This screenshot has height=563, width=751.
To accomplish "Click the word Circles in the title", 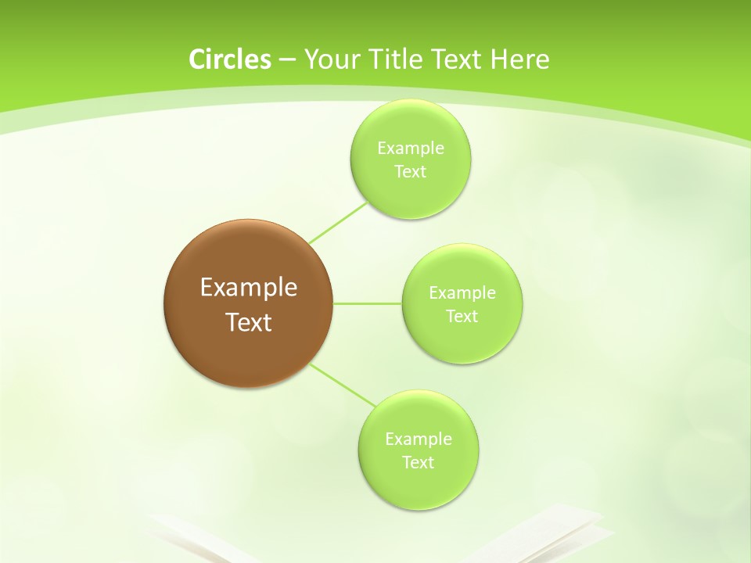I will (229, 59).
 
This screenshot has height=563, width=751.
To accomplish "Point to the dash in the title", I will (286, 60).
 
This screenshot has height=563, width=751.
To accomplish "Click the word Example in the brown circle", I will (248, 288).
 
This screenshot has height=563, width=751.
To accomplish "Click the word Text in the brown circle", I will (248, 322).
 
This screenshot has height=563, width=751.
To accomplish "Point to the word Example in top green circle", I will (410, 149).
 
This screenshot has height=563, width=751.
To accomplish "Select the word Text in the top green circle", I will (410, 172).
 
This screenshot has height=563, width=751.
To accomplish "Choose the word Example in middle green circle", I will (462, 293).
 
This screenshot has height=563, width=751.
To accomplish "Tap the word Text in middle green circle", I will (462, 317).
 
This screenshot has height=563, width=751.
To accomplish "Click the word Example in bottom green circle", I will (418, 439).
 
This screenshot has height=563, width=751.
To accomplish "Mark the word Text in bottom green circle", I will (418, 463).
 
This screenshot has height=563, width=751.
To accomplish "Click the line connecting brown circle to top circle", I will (338, 222).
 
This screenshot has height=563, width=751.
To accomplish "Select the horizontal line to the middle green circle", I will (368, 303).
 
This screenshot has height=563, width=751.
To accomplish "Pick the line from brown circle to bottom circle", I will (343, 385).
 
